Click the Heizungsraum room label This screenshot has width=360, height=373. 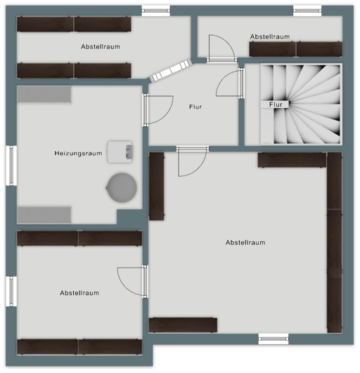pos(78,153)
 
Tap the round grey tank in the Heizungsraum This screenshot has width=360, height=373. pos(122,188)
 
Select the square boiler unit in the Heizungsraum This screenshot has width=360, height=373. pos(120,152)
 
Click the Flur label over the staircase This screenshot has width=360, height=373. pos(276,105)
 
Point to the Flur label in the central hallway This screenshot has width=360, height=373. pos(195,107)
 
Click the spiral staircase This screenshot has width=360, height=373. pos(300,104)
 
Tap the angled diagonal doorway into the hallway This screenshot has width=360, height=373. pos(171,70)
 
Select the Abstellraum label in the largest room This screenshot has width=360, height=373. pos(245,242)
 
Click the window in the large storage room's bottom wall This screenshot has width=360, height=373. pos(274,339)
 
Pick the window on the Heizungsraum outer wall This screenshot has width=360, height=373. pos(11,166)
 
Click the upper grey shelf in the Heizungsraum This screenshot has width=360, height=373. pos(44,94)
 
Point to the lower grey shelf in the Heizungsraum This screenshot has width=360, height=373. pos(44,215)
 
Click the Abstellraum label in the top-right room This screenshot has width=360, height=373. pos(270,37)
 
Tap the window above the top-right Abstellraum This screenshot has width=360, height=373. pos(307,11)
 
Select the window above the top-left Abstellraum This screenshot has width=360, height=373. pos(155,11)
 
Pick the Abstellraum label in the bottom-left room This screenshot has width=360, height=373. pos(79,293)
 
